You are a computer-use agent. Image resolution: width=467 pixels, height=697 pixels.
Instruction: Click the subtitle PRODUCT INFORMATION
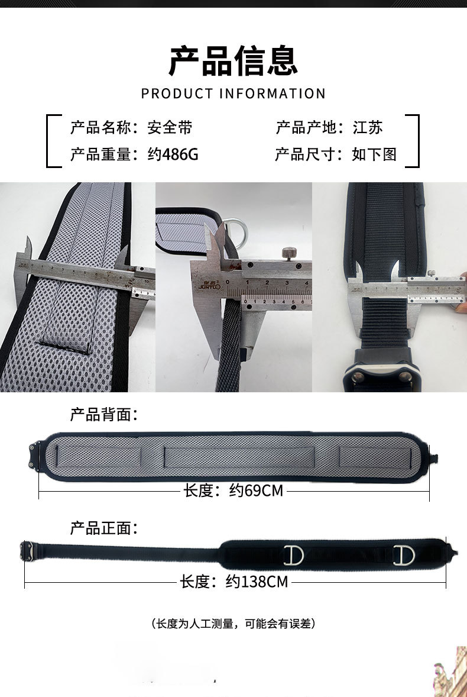233,93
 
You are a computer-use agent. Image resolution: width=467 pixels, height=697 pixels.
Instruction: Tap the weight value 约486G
173,155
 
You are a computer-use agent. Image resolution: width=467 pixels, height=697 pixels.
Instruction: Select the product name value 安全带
170,127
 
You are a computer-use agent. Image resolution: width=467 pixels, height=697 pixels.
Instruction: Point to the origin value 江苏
368,127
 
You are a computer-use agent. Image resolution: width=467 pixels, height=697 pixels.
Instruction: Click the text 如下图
374,155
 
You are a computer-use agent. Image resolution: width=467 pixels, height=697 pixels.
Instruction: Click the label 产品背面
103,414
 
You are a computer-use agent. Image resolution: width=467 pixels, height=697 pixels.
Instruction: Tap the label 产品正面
103,528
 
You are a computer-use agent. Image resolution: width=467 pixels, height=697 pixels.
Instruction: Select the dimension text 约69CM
256,491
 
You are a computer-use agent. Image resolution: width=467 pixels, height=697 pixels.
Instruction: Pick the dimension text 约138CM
257,582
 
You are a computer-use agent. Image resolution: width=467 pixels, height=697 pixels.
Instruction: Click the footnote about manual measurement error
233,624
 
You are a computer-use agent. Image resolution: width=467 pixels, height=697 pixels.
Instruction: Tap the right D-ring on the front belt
406,555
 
